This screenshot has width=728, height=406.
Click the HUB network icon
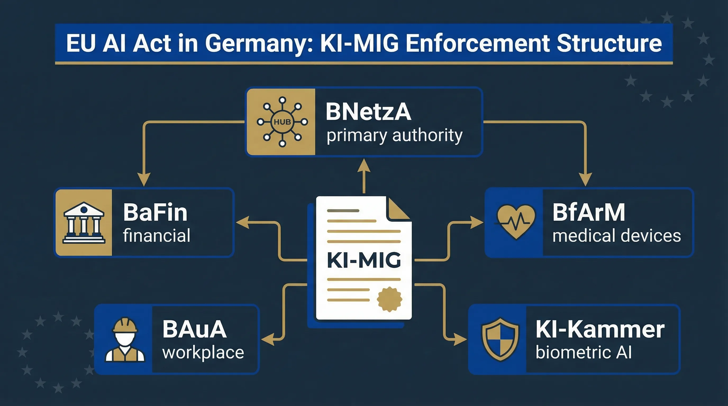click(282, 122)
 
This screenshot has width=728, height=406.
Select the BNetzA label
click(368, 112)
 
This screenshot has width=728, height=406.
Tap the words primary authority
click(394, 136)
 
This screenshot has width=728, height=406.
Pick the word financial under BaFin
click(157, 236)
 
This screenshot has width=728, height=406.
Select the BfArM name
click(589, 212)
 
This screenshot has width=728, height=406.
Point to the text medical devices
click(616, 236)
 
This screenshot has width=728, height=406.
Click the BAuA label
click(194, 329)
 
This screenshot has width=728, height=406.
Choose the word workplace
click(203, 353)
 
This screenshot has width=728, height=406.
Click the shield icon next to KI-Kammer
click(500, 339)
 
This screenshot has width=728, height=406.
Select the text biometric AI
click(584, 352)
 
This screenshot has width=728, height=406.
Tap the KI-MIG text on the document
click(364, 260)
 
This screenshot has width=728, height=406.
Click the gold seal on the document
click(389, 299)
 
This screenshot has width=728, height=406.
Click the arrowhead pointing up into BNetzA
click(364, 165)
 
